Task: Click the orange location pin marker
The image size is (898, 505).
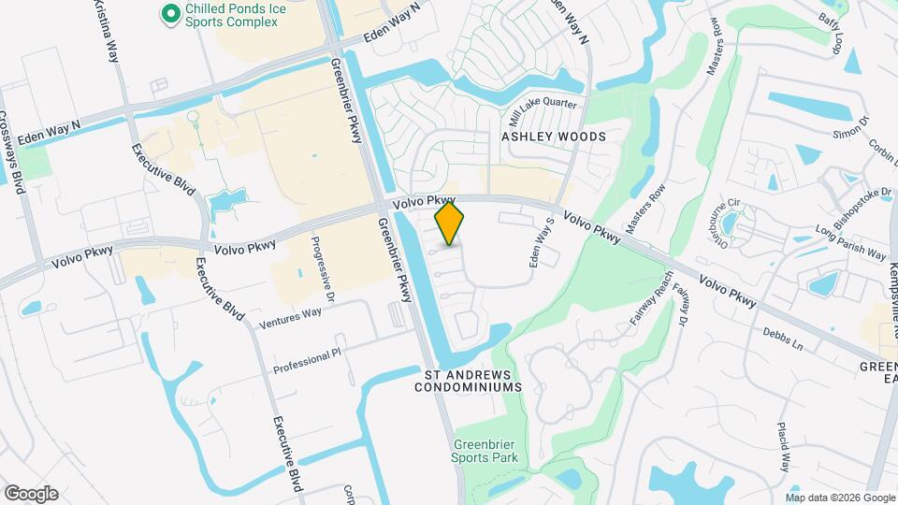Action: click(450, 224)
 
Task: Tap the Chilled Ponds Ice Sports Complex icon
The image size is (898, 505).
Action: click(170, 13)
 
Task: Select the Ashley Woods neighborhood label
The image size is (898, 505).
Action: click(554, 137)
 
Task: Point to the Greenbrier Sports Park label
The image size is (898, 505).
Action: click(485, 452)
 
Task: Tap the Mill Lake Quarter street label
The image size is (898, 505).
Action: click(543, 111)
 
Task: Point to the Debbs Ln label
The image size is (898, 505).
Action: click(783, 339)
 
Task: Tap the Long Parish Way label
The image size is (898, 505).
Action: click(850, 242)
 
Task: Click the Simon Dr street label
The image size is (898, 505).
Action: click(851, 130)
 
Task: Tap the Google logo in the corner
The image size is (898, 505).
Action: click(31, 494)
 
